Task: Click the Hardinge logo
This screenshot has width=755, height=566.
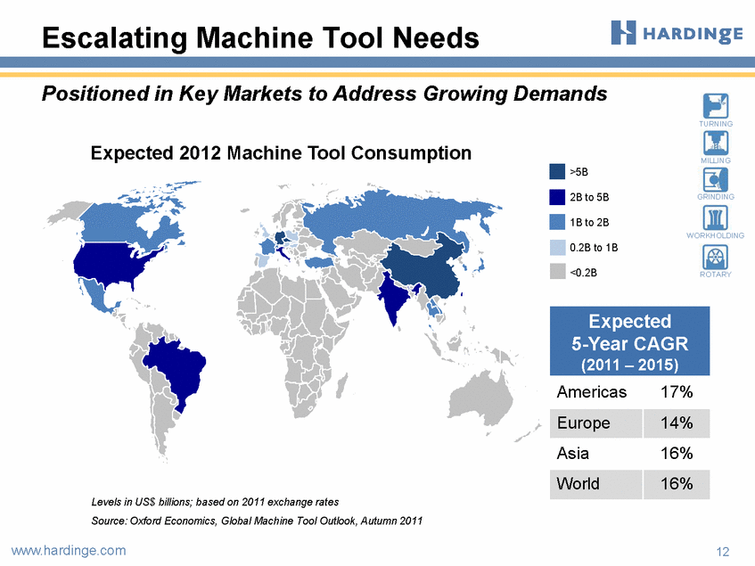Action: pos(677,33)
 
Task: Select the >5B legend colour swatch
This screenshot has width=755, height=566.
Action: pos(557,172)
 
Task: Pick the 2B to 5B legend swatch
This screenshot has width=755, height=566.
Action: pos(557,197)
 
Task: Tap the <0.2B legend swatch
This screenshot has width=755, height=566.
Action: pos(557,272)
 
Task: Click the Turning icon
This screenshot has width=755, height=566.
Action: pos(716,106)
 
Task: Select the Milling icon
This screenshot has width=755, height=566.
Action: pos(716,143)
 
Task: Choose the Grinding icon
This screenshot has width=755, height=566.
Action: pos(716,180)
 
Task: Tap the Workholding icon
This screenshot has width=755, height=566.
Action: pos(716,217)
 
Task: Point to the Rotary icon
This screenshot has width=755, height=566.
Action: pos(716,257)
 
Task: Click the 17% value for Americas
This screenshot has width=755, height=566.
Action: pos(677,392)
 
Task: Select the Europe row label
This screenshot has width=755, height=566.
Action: pos(584,422)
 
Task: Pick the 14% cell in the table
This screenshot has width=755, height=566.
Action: pos(676,423)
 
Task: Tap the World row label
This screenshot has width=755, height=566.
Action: pos(578,483)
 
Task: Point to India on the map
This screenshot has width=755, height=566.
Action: pos(395,299)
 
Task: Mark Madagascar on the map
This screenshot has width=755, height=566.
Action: pos(341,388)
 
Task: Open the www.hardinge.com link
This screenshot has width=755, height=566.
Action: pos(69,550)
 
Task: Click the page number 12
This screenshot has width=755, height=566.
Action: pos(723,552)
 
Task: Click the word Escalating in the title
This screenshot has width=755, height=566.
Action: pos(115,38)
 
